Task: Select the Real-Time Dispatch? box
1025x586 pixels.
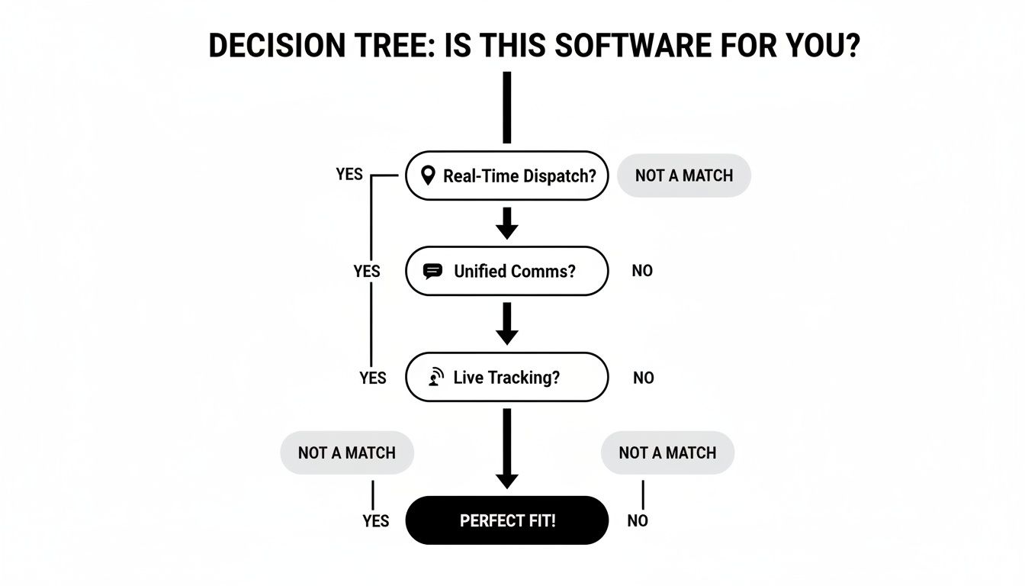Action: tap(506, 175)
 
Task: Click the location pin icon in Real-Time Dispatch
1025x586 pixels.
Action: tap(429, 175)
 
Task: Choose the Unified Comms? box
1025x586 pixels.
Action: tap(506, 271)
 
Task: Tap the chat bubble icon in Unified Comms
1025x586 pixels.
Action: tap(432, 271)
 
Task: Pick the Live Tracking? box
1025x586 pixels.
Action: tap(506, 377)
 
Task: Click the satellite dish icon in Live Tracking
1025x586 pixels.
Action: tap(435, 377)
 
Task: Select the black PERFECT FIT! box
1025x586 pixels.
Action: tap(506, 520)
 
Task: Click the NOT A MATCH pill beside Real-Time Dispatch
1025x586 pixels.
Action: tap(683, 175)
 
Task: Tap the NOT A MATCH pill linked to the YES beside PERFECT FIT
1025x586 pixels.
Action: tap(347, 452)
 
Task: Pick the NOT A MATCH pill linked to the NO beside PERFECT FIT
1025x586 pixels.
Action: tap(667, 452)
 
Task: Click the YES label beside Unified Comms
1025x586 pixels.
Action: tap(367, 271)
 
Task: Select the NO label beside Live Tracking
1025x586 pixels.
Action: tap(643, 378)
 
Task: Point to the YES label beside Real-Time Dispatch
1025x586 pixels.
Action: tap(349, 174)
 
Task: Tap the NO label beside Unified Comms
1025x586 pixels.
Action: tap(642, 271)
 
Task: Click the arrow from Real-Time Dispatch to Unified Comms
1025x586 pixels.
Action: tap(506, 223)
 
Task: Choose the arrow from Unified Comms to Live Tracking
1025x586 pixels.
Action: tap(506, 324)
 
